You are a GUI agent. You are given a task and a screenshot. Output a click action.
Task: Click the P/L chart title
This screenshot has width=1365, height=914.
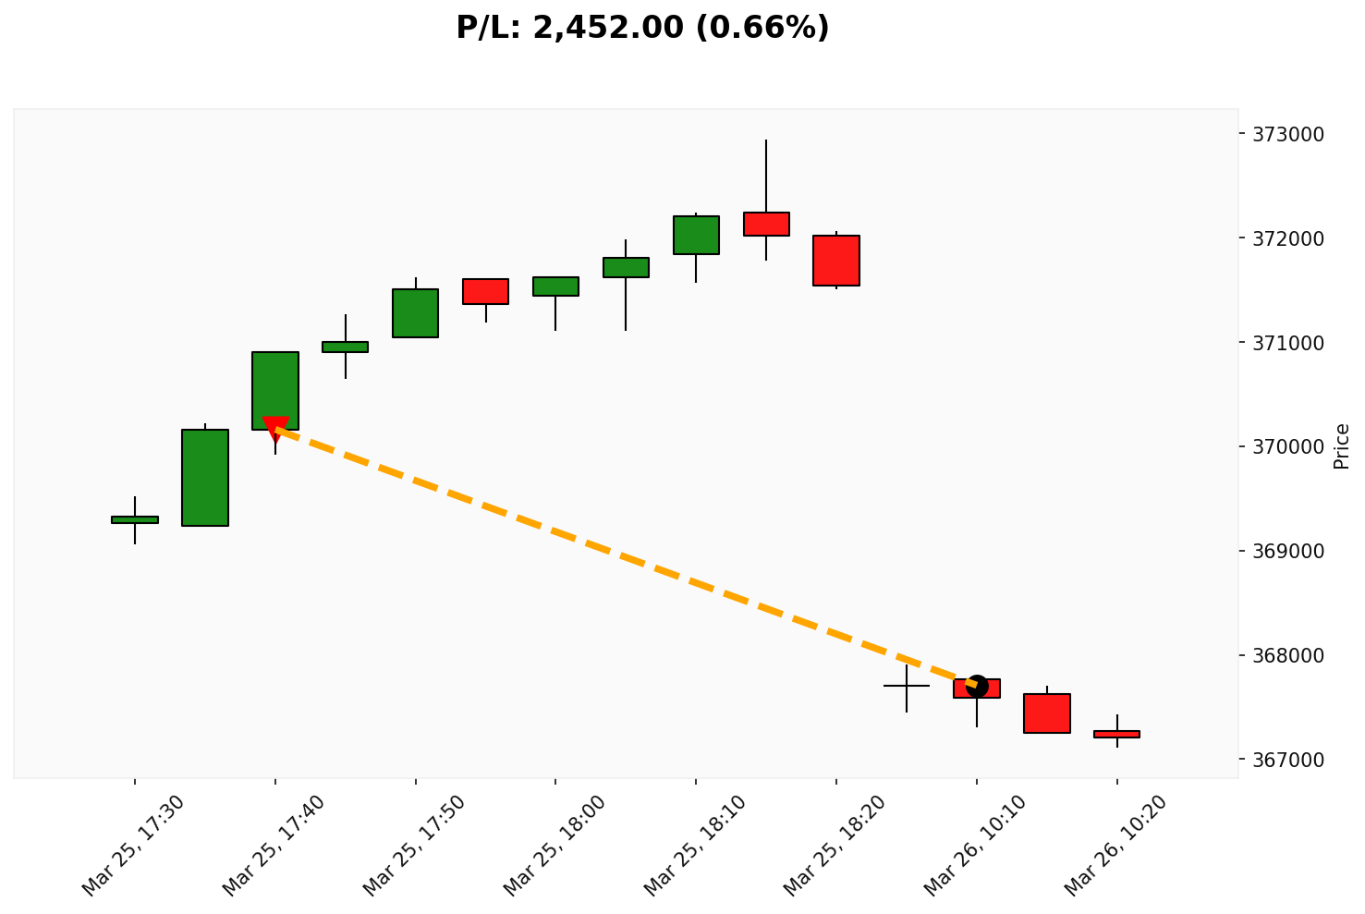[642, 28]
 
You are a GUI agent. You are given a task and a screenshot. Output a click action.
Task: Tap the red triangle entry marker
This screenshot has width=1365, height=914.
[275, 427]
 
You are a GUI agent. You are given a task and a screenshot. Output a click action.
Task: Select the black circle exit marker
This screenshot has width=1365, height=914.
[977, 687]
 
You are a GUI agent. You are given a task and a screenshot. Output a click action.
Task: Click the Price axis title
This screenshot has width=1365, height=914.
[1342, 446]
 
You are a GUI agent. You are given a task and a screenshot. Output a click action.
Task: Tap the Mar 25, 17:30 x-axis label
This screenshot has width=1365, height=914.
[134, 846]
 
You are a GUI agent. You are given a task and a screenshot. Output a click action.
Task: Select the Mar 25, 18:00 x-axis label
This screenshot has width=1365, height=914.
[555, 846]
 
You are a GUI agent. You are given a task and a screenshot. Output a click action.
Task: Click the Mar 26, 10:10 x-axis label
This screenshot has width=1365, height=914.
[976, 846]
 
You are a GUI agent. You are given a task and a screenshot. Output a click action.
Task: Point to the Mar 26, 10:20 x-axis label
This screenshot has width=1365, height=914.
[1116, 846]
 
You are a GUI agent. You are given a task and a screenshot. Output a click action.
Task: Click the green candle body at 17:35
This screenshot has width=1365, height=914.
[205, 478]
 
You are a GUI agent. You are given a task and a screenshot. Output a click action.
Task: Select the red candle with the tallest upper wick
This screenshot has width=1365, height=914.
[766, 224]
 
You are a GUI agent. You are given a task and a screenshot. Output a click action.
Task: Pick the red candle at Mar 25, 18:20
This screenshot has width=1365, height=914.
[836, 261]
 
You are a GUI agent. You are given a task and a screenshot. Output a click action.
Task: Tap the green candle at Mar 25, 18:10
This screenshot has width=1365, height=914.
[696, 235]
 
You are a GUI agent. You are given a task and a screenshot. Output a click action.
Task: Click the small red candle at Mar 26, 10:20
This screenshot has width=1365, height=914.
[1116, 734]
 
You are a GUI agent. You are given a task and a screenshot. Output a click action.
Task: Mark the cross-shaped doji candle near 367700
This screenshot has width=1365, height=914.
[907, 686]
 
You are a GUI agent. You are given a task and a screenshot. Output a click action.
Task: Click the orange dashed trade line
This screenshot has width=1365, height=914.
[626, 556]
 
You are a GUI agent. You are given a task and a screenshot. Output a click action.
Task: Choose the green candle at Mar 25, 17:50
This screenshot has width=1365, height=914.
[415, 313]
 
